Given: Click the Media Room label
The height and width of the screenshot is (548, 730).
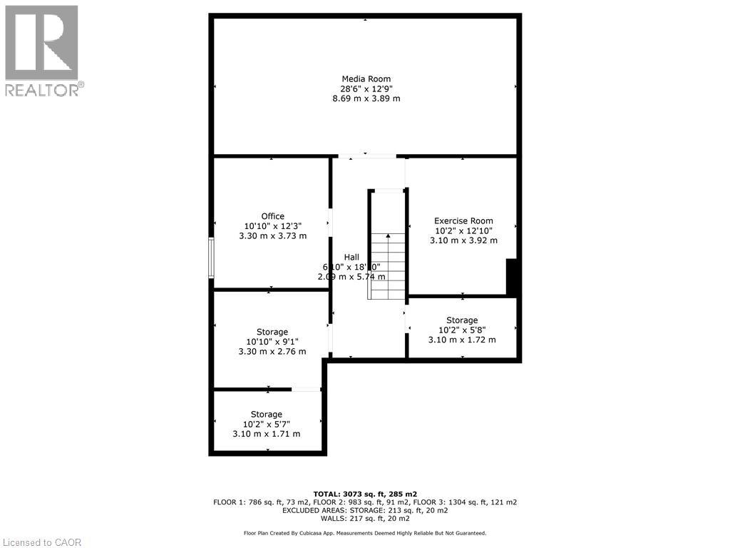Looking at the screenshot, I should pos(366,79).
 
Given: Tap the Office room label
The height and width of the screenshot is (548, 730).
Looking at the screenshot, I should pos(272,216).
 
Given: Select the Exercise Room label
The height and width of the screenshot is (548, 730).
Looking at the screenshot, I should pos(463,220).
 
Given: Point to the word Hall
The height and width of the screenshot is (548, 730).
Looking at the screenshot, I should pos(351,257).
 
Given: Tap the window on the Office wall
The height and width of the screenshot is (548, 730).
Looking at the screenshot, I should pos(211,258).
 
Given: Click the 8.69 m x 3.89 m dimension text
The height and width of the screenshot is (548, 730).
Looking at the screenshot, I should pos(366,98).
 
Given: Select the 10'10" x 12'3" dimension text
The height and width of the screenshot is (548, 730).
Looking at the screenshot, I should pos(272,226).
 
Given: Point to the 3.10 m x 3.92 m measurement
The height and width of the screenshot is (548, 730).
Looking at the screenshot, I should pos(463,240).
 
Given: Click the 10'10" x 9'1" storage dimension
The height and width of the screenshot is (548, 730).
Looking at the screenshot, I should pos(272,342).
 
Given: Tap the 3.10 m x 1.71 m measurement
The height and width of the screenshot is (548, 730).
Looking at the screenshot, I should pos(266,434).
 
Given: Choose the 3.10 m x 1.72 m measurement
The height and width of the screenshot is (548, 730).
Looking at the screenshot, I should pos(461,340).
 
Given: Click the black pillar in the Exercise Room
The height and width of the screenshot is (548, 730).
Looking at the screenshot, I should pos(510,278).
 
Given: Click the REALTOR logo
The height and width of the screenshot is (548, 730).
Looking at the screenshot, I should pos(42,50).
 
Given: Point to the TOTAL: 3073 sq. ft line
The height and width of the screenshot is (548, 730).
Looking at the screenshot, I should pos(365,493).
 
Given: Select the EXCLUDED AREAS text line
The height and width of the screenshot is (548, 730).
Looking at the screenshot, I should pos(365,510).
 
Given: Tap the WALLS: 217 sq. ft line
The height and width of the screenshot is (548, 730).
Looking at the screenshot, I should pos(365,519).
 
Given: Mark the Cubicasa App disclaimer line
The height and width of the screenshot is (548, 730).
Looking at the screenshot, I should pos(365,533).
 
